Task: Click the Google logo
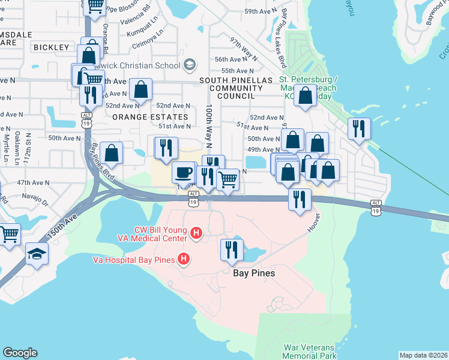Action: (20, 353)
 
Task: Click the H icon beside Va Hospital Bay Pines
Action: (184, 259)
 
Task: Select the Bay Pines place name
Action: (253, 273)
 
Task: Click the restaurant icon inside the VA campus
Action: (231, 249)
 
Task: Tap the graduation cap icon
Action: (36, 254)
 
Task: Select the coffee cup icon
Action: (183, 172)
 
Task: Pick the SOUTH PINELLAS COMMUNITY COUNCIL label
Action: (231, 88)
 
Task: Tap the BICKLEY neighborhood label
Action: (52, 47)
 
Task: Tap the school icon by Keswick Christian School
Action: (190, 65)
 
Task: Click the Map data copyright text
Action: (423, 355)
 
